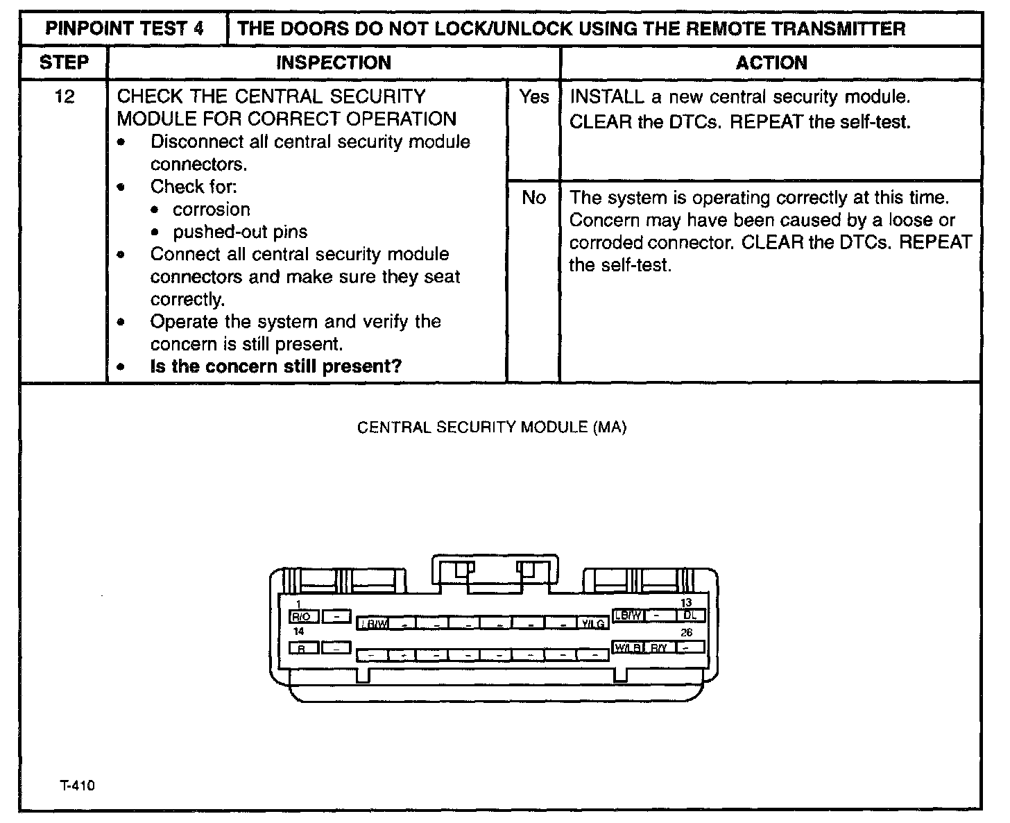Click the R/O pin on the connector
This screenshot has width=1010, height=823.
tap(304, 616)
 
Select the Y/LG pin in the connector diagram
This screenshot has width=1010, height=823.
tap(594, 624)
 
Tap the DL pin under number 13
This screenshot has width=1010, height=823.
tap(690, 616)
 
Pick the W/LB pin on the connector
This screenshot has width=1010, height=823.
tap(628, 647)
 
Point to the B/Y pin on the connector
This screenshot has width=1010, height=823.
tap(659, 647)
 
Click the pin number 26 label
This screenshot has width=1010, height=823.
tap(686, 632)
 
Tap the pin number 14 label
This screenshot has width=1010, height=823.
tap(299, 631)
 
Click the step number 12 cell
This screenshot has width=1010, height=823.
tap(64, 96)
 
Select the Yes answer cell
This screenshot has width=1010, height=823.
tap(533, 97)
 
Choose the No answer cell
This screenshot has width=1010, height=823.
tap(533, 198)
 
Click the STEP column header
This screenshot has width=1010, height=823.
tap(64, 63)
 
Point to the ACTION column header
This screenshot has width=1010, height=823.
tap(771, 63)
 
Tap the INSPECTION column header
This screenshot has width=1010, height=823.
tap(334, 63)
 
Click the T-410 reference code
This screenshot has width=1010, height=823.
tap(77, 786)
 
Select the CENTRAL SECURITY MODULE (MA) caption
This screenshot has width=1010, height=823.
tap(492, 427)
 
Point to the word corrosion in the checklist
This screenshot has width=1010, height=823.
tap(211, 210)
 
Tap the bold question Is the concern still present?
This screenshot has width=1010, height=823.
tap(275, 366)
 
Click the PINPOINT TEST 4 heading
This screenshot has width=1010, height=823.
tap(124, 29)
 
